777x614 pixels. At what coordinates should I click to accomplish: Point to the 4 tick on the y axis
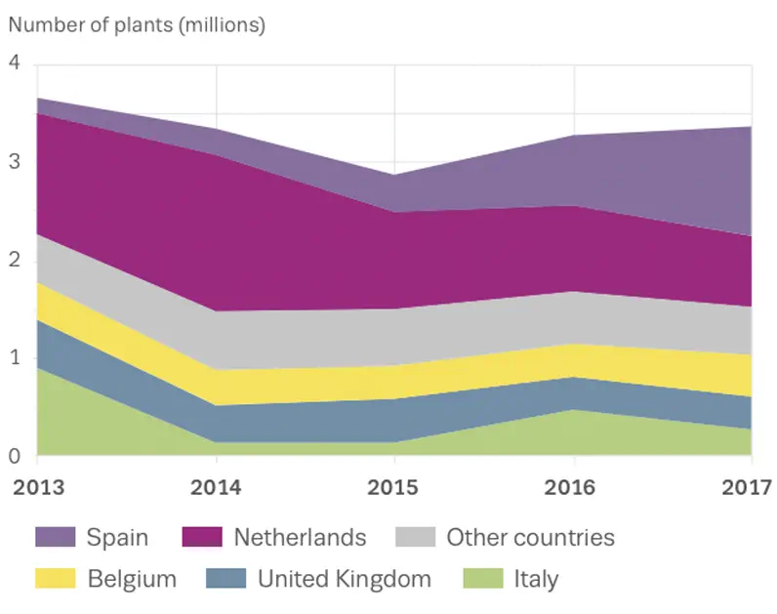14,63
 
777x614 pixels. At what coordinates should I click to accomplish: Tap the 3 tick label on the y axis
14,162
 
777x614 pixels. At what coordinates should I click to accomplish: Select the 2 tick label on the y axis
14,261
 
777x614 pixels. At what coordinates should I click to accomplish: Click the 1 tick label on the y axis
14,358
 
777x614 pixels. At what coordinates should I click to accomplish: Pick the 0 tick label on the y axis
14,456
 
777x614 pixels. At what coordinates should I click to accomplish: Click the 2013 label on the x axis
36,487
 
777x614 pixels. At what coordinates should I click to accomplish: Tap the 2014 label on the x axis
216,487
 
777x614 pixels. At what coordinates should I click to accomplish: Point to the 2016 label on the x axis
573,487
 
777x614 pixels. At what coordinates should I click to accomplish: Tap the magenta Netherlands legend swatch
201,537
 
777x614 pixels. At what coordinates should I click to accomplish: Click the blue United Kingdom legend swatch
225,579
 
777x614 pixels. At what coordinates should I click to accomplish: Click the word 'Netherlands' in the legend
300,537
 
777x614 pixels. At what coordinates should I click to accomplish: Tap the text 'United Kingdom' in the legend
344,579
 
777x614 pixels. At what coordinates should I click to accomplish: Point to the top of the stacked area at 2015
394,176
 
